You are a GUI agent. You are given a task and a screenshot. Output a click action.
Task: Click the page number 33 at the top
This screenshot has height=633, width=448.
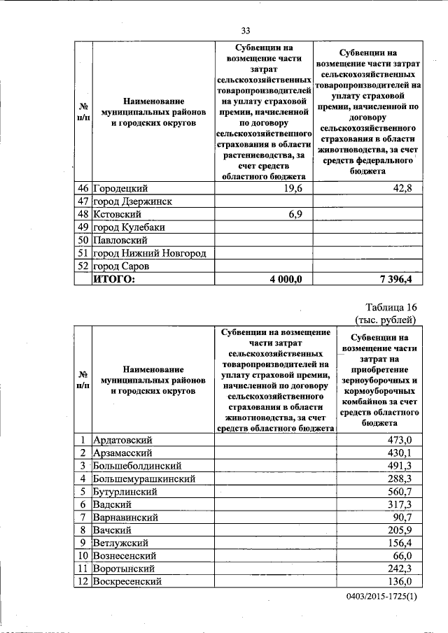click(246, 30)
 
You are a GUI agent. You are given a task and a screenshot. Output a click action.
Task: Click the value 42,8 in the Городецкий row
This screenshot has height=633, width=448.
click(404, 190)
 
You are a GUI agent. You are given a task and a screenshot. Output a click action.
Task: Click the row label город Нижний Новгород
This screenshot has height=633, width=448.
click(152, 253)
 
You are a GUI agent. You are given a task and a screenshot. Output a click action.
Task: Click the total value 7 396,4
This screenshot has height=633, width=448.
click(397, 278)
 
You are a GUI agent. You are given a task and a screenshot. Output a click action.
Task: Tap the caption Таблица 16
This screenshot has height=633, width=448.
click(391, 308)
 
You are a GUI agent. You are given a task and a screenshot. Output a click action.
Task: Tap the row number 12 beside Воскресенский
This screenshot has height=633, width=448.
click(83, 581)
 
